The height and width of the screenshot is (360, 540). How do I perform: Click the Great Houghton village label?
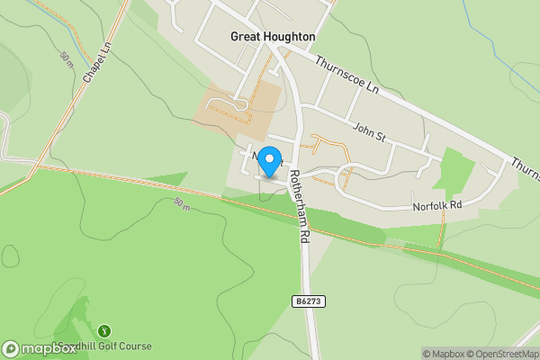point(273,37)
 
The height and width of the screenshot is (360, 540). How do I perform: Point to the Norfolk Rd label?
point(436,205)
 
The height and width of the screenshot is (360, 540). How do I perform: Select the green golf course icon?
point(103,331)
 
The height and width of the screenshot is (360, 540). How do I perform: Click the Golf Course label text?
point(115,346)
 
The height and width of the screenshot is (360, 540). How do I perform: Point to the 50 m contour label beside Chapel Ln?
point(67,58)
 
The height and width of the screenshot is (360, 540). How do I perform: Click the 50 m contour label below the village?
point(183,205)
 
